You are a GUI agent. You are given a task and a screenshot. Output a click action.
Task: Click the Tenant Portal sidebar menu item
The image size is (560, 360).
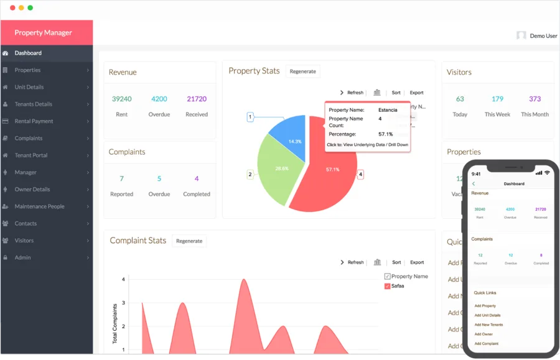[x=31, y=155]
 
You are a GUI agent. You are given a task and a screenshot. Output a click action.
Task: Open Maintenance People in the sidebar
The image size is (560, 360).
[x=39, y=206]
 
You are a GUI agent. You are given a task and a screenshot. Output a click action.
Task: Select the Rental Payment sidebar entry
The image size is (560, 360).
[x=34, y=121]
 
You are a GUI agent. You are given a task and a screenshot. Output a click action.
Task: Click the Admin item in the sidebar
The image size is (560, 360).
[x=22, y=257]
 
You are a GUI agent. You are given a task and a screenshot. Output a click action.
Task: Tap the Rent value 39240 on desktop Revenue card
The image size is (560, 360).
[x=121, y=99]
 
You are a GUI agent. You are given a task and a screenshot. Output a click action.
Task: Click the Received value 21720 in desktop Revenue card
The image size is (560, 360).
[x=197, y=99]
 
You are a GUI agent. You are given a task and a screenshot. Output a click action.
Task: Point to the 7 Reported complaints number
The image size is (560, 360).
[x=121, y=178]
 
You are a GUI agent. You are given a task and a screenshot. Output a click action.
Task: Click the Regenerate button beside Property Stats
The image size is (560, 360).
[x=302, y=72]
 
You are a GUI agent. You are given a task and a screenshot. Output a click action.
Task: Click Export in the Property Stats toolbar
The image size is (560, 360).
[x=416, y=93]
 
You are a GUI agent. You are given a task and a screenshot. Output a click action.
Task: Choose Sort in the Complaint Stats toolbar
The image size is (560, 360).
[x=396, y=262]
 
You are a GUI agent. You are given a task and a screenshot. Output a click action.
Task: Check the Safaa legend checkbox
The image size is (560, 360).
[x=388, y=286]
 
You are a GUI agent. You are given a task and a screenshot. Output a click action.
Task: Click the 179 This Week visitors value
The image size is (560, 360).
[x=497, y=99]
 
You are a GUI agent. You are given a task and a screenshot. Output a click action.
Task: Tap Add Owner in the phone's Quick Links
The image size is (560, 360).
[x=483, y=335]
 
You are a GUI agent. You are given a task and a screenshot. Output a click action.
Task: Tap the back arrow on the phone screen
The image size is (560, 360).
[x=474, y=184]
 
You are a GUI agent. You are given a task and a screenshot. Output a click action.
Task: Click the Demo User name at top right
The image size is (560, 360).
[x=543, y=36]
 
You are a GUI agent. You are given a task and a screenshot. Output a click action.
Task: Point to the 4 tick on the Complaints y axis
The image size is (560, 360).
[x=123, y=280]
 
